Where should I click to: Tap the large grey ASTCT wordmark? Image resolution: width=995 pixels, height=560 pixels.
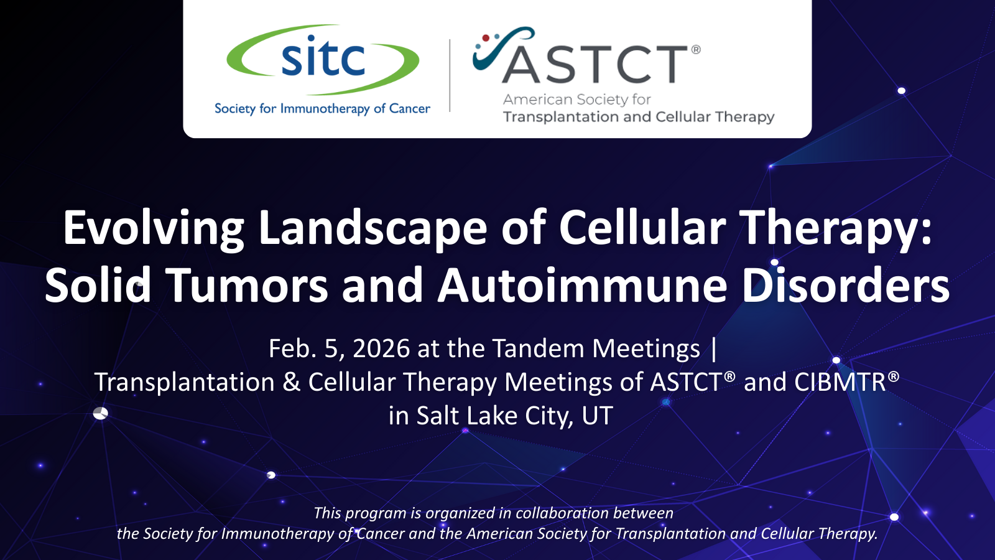pyautogui.click(x=595, y=65)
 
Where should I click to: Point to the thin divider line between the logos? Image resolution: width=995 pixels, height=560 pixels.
pyautogui.click(x=450, y=75)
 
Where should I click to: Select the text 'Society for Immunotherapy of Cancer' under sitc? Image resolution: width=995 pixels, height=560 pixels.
pyautogui.click(x=323, y=108)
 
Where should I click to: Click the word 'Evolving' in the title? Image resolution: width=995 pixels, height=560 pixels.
pyautogui.click(x=153, y=228)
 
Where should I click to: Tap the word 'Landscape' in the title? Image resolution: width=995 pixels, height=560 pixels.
pyautogui.click(x=373, y=228)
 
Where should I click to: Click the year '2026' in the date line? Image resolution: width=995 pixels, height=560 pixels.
pyautogui.click(x=381, y=348)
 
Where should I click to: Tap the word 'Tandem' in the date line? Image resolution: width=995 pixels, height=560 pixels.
pyautogui.click(x=539, y=348)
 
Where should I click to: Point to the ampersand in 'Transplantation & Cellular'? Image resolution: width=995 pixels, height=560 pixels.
pyautogui.click(x=291, y=382)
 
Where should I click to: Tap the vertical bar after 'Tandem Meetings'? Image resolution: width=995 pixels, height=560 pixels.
pyautogui.click(x=714, y=349)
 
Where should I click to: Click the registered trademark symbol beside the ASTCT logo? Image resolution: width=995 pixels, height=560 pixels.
pyautogui.click(x=696, y=49)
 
